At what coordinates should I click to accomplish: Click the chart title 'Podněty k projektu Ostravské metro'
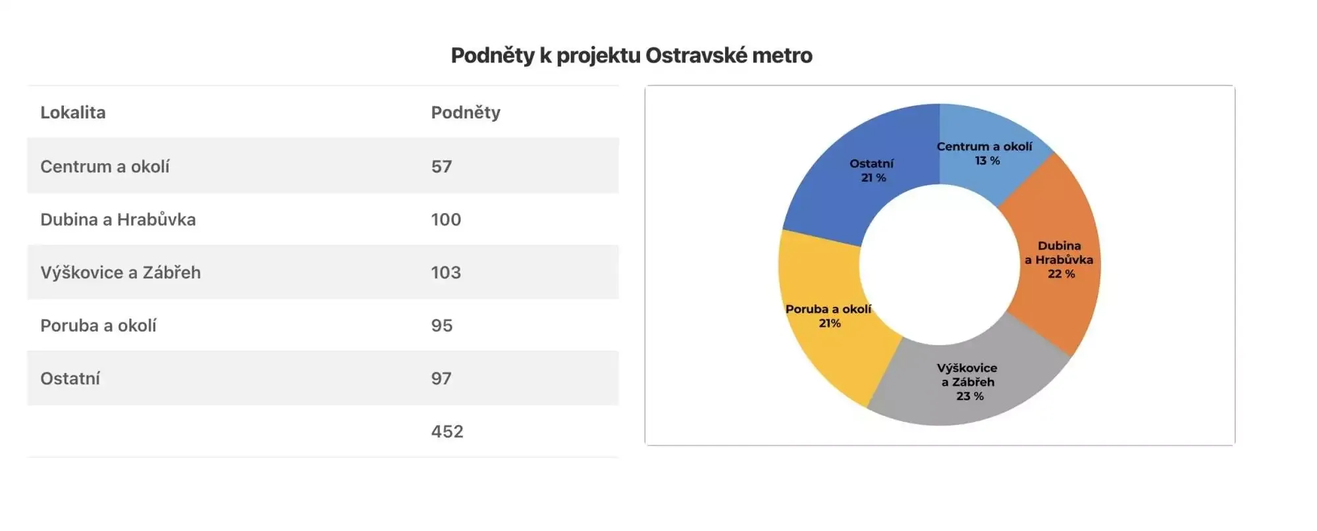pyautogui.click(x=632, y=55)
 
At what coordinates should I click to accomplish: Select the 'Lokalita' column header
pyautogui.click(x=73, y=113)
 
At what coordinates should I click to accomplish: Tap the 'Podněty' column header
pyautogui.click(x=466, y=113)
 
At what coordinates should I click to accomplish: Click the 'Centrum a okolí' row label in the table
pyautogui.click(x=105, y=166)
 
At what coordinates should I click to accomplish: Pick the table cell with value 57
pyautogui.click(x=442, y=166)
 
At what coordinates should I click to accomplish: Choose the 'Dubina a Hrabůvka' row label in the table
pyautogui.click(x=118, y=220)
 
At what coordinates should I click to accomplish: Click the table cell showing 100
pyautogui.click(x=446, y=220)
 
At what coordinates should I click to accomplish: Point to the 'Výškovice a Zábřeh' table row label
pyautogui.click(x=121, y=272)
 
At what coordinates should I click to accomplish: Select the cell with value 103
pyautogui.click(x=446, y=272)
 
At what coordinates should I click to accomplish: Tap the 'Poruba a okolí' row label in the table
pyautogui.click(x=98, y=326)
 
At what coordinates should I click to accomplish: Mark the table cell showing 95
pyautogui.click(x=442, y=326)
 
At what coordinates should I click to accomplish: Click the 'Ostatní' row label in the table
pyautogui.click(x=70, y=378)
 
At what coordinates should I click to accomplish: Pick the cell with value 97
pyautogui.click(x=442, y=378)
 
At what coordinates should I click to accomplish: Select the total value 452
pyautogui.click(x=447, y=432)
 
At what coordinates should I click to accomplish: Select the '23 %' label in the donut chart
pyautogui.click(x=970, y=396)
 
